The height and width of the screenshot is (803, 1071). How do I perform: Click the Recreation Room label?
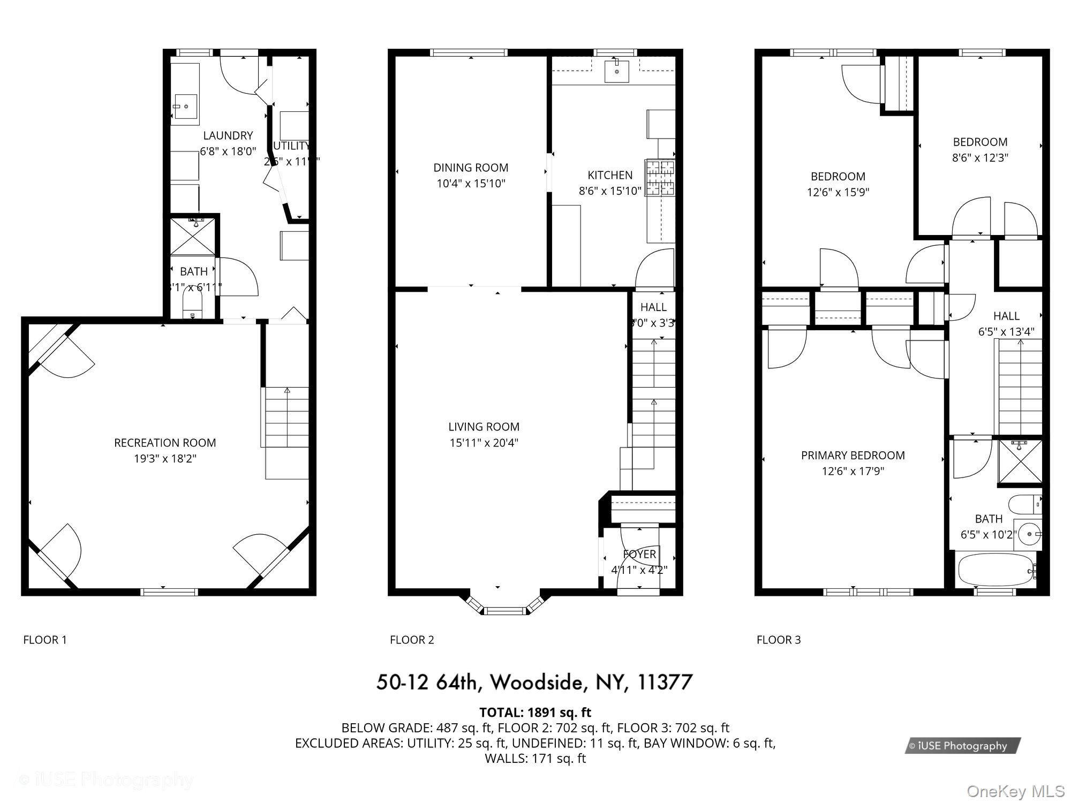tap(165, 443)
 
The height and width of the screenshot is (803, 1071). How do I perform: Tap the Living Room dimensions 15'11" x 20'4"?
tap(484, 443)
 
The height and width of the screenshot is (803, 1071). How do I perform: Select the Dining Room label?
tap(471, 168)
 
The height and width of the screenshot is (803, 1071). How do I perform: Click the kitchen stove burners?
tap(660, 178)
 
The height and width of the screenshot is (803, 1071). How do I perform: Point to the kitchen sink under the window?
tap(616, 71)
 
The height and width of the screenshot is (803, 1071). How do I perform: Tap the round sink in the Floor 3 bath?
tap(1028, 534)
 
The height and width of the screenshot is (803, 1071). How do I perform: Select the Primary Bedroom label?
tap(853, 456)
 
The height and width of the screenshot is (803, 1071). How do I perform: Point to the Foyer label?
tap(639, 554)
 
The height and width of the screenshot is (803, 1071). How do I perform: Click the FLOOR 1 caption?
tap(45, 640)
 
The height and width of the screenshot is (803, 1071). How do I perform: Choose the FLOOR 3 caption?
tap(778, 640)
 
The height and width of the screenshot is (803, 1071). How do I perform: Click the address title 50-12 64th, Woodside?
tap(534, 682)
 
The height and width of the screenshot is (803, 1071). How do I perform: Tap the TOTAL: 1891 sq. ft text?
tap(535, 713)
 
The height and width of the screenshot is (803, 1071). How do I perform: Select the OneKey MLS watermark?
tap(1015, 791)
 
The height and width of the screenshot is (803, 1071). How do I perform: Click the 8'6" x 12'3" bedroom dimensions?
tap(980, 158)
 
